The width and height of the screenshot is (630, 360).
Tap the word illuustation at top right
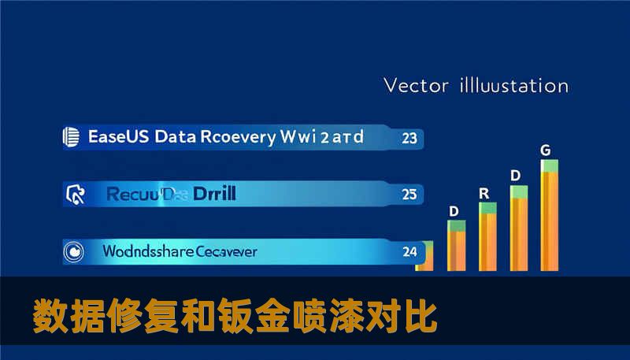pos(512,84)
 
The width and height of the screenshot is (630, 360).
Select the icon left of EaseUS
pos(72,137)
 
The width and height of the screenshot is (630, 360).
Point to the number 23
pos(409,138)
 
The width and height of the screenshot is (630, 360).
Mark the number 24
pos(409,252)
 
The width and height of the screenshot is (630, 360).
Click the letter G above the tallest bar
pos(545,149)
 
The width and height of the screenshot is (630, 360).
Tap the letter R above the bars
pos(484,192)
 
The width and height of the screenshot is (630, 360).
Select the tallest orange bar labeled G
pos(549,221)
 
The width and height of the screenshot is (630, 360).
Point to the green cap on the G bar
pos(549,165)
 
